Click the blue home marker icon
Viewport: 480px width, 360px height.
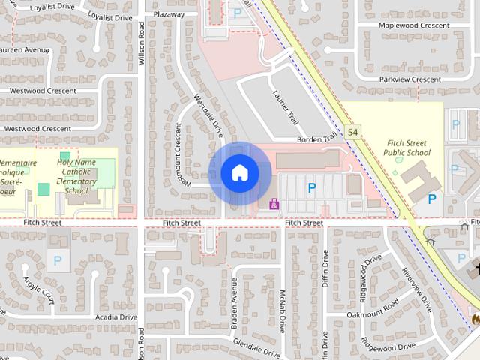(x=239, y=173)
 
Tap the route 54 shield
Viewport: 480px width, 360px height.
(x=353, y=132)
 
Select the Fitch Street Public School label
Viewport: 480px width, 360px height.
(x=407, y=148)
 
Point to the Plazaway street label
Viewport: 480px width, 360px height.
(x=168, y=14)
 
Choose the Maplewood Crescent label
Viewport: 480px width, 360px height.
(x=414, y=25)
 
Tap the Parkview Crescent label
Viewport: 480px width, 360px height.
(x=409, y=79)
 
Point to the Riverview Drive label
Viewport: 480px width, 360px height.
(x=416, y=289)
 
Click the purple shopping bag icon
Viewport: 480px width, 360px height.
(x=274, y=203)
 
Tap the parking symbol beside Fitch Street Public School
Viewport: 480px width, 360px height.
(x=431, y=199)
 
